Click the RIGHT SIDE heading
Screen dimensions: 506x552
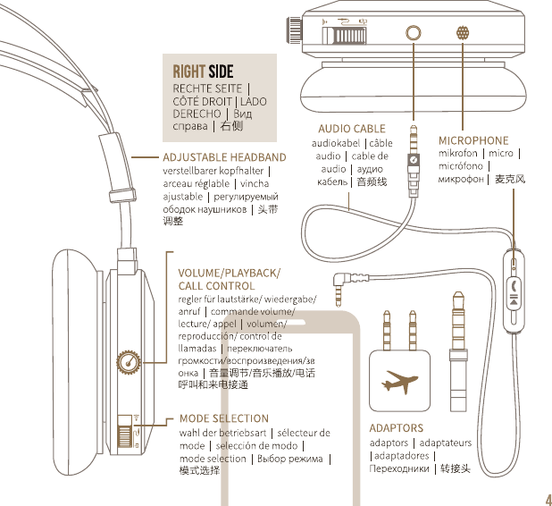coord(204,71)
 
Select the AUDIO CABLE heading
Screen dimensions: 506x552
coord(352,129)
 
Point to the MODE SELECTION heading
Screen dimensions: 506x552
coord(223,417)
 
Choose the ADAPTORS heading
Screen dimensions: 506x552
coord(397,428)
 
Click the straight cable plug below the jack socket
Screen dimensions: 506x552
coord(414,152)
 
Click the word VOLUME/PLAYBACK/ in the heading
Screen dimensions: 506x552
coord(229,272)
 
